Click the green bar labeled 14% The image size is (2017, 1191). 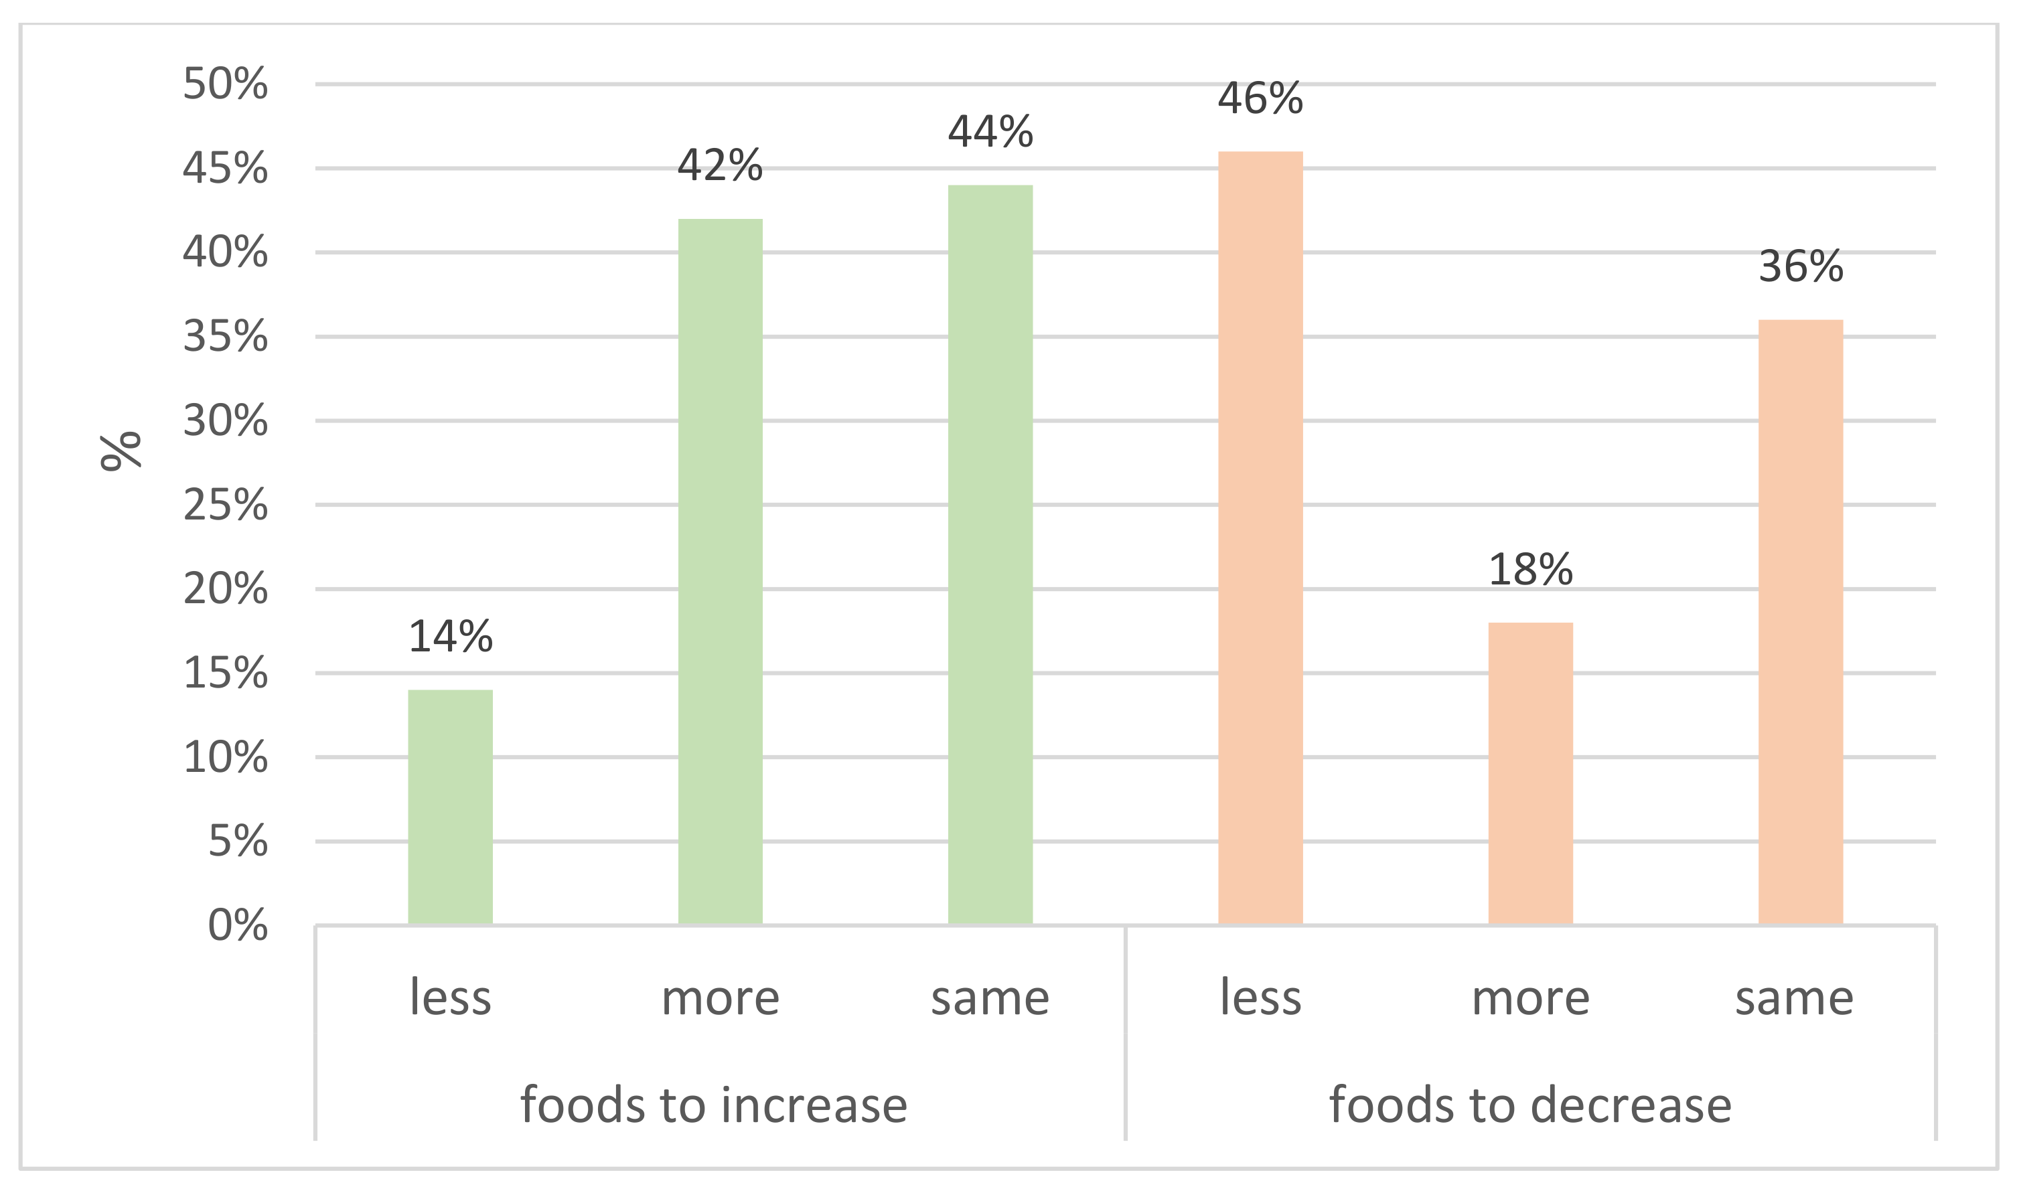coord(450,807)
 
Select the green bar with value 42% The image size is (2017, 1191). coord(720,572)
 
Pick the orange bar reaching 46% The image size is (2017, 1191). coord(1260,538)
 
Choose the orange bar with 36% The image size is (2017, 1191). coord(1800,622)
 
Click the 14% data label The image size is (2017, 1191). coord(450,637)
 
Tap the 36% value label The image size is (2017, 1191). coord(1800,267)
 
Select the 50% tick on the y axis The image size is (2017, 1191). coord(225,84)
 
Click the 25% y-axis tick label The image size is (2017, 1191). coord(225,505)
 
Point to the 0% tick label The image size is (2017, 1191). coord(238,925)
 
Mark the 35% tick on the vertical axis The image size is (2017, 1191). coord(225,337)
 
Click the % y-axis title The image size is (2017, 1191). coord(121,451)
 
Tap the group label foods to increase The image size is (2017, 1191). coord(714,1105)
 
